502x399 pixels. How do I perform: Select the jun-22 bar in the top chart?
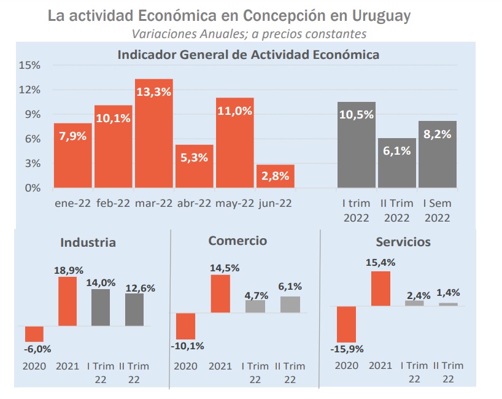pyautogui.click(x=276, y=176)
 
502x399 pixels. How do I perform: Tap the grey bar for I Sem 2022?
pyautogui.click(x=437, y=154)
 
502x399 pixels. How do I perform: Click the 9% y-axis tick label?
pyautogui.click(x=31, y=114)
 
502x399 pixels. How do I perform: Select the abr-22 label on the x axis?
pyautogui.click(x=194, y=203)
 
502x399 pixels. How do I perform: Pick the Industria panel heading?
pyautogui.click(x=88, y=242)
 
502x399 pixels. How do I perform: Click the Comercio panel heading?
pyautogui.click(x=237, y=241)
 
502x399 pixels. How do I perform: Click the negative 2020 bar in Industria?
pyautogui.click(x=34, y=333)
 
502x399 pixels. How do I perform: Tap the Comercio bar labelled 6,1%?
pyautogui.click(x=290, y=304)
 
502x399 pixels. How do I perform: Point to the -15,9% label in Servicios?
pyautogui.click(x=347, y=349)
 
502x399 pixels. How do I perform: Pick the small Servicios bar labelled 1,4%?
pyautogui.click(x=448, y=304)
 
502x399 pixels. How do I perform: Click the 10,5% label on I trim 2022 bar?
pyautogui.click(x=356, y=115)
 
